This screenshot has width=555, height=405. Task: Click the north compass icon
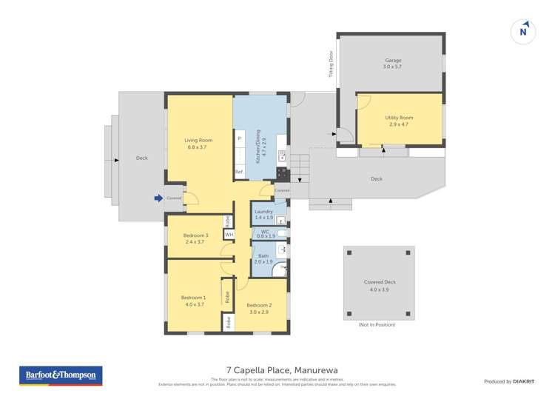point(523,31)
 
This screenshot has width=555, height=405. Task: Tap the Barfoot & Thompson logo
point(61,375)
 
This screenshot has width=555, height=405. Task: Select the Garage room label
point(392,63)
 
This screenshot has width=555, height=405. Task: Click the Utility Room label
point(399,121)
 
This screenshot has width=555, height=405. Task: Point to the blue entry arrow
point(158,198)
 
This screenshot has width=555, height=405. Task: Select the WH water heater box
point(229,234)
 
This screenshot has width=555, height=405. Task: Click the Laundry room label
point(264,214)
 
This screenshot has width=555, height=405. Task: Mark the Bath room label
point(264,258)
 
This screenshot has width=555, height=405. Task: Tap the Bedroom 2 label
point(259,307)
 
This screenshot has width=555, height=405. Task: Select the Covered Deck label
point(380,285)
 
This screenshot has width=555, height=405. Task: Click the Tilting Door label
point(331,64)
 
